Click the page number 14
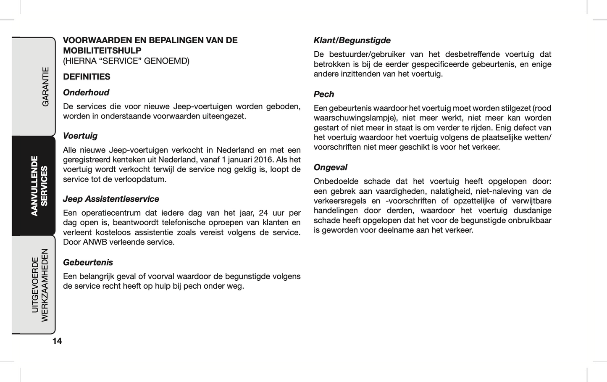(57, 341)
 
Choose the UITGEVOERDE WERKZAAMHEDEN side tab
(40, 285)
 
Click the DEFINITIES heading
(87, 76)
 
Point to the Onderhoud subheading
(86, 92)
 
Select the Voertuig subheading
(80, 136)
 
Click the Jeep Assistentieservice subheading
(111, 199)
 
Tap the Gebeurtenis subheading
(88, 262)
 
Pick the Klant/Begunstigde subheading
(352, 40)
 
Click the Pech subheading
(324, 94)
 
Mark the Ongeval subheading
(331, 167)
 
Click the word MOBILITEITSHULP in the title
(102, 50)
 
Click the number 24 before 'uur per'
(263, 213)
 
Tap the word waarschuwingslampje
(355, 118)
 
